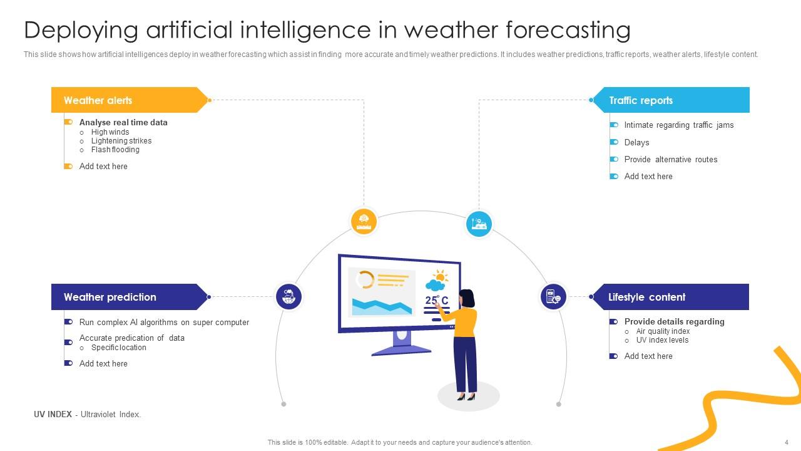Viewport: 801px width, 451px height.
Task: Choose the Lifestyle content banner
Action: pyautogui.click(x=670, y=297)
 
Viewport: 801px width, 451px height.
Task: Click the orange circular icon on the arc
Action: pyautogui.click(x=364, y=221)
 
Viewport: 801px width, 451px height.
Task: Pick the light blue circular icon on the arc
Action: pyautogui.click(x=479, y=223)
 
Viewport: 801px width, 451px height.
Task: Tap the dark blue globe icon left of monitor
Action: pyautogui.click(x=288, y=296)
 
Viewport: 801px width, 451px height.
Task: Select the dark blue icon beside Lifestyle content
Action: pyautogui.click(x=553, y=296)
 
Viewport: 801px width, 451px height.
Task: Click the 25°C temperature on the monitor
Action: pyautogui.click(x=437, y=301)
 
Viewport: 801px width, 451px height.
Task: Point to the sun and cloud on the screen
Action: pyautogui.click(x=436, y=280)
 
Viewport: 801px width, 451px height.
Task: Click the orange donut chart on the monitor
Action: pyautogui.click(x=364, y=280)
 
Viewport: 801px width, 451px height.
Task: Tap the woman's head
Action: pyautogui.click(x=466, y=298)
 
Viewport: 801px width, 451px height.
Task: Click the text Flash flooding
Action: pyautogui.click(x=115, y=150)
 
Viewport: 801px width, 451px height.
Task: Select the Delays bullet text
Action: pyautogui.click(x=636, y=142)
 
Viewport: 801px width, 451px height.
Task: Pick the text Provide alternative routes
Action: pyautogui.click(x=670, y=159)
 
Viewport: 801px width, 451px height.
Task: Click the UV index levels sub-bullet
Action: pyautogui.click(x=662, y=340)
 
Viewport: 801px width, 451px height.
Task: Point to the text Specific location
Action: pyautogui.click(x=118, y=348)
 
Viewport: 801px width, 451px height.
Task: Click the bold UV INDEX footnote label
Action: pyautogui.click(x=53, y=414)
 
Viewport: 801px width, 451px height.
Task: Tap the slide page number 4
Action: pyautogui.click(x=786, y=442)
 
